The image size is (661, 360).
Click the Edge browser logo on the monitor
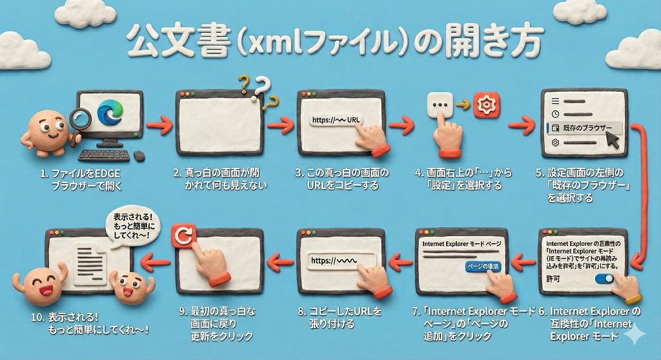[x=110, y=114]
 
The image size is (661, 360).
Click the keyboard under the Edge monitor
[x=104, y=155]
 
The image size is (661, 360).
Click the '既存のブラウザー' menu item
[x=578, y=128]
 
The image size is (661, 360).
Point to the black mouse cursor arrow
[x=611, y=140]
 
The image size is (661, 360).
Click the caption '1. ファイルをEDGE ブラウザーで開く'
[x=81, y=179]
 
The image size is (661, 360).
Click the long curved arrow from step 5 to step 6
[x=644, y=194]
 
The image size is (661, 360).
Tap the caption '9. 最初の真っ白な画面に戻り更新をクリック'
[x=217, y=323]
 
